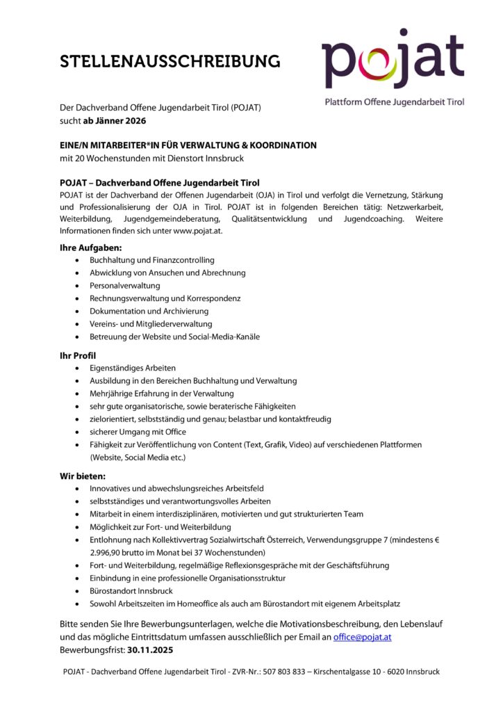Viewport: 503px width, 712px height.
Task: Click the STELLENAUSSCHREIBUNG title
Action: [170, 61]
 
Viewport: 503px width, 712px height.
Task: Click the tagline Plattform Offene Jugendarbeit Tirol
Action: [395, 102]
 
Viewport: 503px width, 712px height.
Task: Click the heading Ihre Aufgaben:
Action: [91, 247]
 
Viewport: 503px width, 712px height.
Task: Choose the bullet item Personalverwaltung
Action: [124, 285]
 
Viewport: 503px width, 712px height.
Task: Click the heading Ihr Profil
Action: [78, 355]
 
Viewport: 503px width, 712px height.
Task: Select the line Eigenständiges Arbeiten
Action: [133, 368]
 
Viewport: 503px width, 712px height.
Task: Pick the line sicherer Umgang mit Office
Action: [138, 432]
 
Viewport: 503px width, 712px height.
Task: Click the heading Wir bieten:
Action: [83, 476]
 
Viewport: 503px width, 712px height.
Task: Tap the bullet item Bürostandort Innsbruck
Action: [131, 591]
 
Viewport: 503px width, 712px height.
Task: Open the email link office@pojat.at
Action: [362, 637]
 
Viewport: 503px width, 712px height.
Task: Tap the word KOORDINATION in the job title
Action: [282, 145]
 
